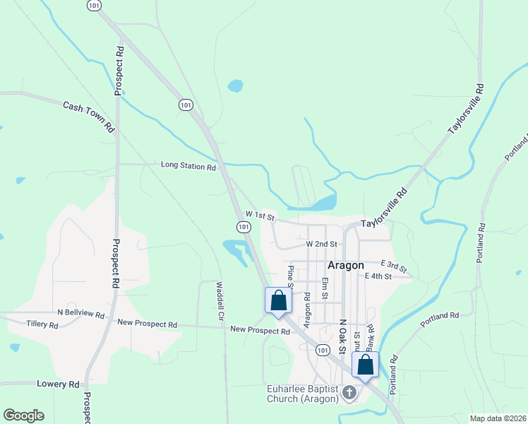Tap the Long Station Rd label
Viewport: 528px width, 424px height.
188,167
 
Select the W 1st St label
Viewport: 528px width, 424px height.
259,214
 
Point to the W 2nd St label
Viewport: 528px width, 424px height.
322,244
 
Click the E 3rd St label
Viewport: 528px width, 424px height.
394,266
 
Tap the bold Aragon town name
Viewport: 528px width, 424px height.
346,265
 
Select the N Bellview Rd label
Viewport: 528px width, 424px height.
81,313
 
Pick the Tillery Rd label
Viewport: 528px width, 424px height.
42,324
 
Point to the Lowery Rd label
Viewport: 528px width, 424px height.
58,384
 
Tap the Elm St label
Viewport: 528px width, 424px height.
325,288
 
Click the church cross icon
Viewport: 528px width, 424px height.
348,392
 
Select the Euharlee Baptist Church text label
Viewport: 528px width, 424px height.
302,394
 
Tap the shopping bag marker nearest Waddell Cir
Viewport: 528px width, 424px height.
278,300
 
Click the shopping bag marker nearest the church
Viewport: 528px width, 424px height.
365,365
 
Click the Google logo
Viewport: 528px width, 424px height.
23,416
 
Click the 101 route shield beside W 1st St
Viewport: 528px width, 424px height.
243,227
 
